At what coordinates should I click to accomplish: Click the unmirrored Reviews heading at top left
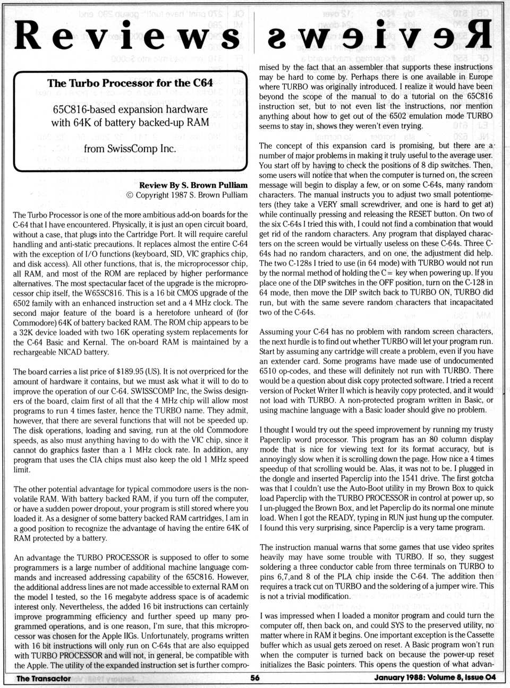(127, 36)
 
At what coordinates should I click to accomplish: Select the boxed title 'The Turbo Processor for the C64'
(130, 83)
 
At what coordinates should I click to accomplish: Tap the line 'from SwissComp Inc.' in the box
(130, 149)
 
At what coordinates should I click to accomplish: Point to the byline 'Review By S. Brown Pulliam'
(193, 185)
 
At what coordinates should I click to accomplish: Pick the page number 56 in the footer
(255, 678)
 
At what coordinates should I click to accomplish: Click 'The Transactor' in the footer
(44, 678)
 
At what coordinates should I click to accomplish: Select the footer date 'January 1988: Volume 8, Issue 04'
(435, 678)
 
